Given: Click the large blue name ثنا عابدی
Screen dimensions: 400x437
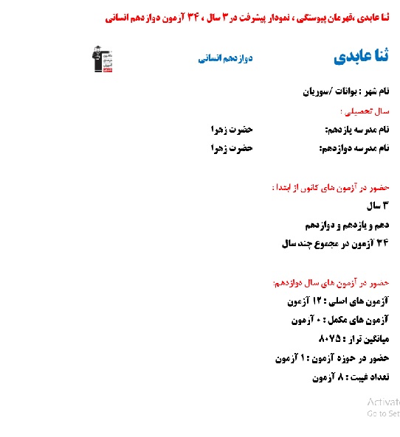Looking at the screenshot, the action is click(361, 57).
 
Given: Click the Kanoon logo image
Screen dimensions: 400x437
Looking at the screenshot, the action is click(101, 59).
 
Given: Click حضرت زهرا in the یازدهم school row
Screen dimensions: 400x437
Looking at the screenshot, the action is click(231, 130).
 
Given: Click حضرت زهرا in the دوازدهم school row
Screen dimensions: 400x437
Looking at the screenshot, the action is click(231, 148).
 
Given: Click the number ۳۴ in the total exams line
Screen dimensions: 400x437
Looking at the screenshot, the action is click(382, 242).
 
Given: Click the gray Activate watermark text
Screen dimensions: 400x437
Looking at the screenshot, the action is click(383, 402).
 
